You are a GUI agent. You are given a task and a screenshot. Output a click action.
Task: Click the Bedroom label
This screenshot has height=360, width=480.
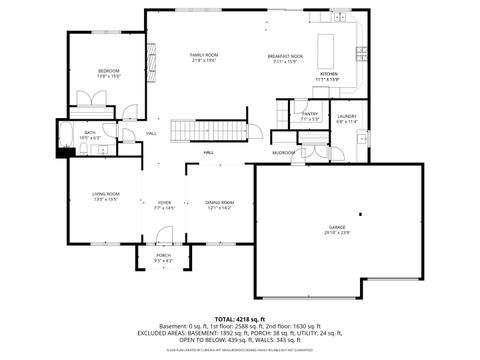(x=109, y=72)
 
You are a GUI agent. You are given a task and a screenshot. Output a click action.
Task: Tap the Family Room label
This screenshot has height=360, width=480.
(x=203, y=57)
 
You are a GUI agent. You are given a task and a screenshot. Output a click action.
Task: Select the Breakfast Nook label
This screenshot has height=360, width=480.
(x=285, y=57)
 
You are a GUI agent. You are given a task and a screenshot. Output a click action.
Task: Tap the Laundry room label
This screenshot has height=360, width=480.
(x=347, y=118)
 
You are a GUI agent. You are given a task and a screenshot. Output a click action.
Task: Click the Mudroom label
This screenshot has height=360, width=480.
(x=283, y=153)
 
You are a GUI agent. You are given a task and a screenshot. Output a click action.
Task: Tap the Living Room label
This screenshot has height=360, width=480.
(x=106, y=195)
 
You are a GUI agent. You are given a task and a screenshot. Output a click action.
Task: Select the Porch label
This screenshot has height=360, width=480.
(x=163, y=257)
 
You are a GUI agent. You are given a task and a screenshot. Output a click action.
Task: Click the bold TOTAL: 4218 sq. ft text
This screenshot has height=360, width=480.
(x=240, y=318)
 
